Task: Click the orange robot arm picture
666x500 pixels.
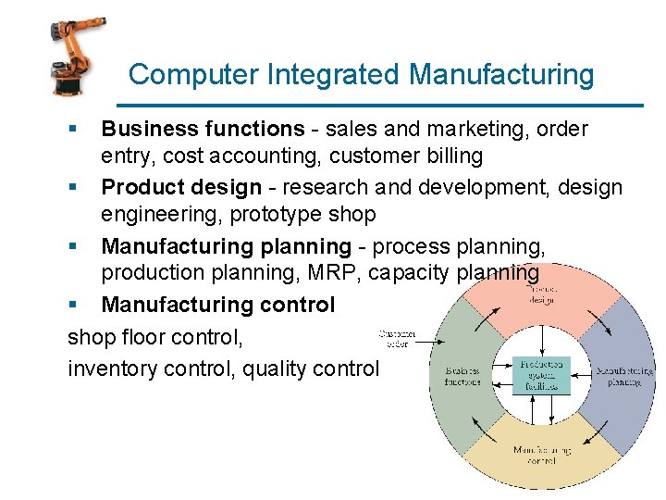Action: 71,57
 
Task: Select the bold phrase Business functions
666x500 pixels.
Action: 203,129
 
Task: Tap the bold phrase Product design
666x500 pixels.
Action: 181,188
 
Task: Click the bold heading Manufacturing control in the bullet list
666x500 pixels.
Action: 218,305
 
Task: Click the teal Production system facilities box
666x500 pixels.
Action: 542,374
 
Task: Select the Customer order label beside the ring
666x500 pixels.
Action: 397,337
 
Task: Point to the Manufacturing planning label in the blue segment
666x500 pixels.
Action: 623,375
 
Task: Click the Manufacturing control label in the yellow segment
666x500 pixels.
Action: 541,455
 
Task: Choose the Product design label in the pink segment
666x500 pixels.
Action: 541,294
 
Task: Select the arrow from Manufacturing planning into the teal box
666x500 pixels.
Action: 583,374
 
